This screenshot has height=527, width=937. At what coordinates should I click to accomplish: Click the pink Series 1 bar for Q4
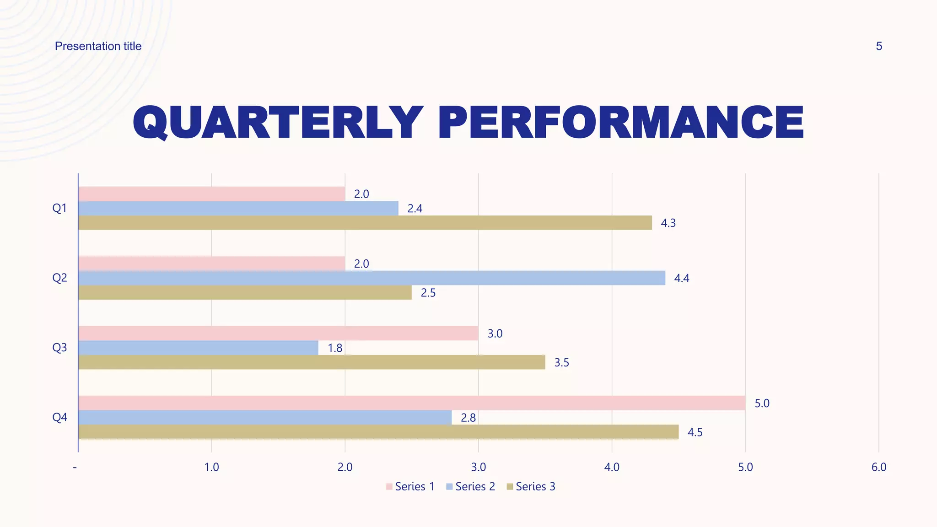tap(412, 403)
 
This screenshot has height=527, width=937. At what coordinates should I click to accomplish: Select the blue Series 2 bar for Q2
tap(372, 278)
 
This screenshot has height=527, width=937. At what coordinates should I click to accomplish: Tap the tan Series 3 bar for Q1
tap(365, 223)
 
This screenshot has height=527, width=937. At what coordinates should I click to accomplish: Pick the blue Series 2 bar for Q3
tap(198, 348)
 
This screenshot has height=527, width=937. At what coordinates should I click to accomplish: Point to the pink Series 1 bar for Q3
tap(278, 333)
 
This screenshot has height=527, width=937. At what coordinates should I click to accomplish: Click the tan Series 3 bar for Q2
tap(245, 293)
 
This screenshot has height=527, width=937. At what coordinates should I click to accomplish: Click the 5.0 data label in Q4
tap(762, 403)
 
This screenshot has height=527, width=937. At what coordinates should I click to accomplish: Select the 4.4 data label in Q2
tap(682, 279)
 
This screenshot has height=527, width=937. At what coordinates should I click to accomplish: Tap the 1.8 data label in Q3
tap(335, 349)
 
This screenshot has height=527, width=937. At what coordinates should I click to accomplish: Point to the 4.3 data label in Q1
tap(668, 223)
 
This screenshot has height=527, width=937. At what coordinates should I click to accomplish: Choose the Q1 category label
tap(59, 208)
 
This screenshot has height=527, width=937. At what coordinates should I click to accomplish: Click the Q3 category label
tap(59, 348)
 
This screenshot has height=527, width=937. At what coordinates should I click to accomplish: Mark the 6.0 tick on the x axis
tap(878, 467)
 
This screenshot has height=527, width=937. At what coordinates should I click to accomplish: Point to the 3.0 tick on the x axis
tap(478, 467)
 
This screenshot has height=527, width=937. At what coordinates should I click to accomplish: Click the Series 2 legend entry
tap(471, 487)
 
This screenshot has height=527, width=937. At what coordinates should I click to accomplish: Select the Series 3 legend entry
tap(531, 487)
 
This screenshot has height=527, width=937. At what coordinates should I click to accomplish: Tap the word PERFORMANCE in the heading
tap(620, 123)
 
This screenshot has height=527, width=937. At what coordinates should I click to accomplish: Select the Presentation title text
tap(98, 46)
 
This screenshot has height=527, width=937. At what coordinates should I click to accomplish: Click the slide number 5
tap(878, 46)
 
